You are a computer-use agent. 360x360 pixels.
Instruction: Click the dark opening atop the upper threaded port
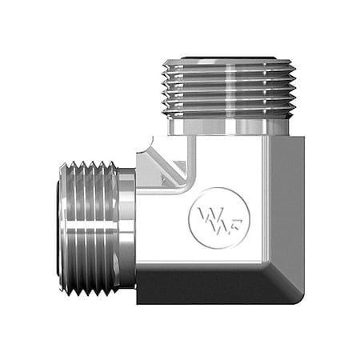point(229,58)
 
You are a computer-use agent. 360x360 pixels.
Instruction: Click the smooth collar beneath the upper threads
point(229,124)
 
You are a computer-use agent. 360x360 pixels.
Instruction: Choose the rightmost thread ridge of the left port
point(111,229)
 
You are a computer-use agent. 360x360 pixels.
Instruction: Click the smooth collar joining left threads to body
point(126,229)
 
